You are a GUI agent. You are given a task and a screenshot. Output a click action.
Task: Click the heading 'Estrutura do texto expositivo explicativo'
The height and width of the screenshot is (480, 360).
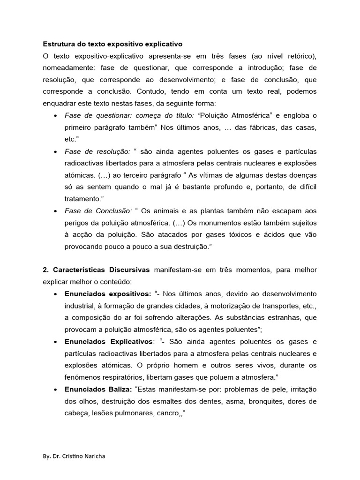[112, 45]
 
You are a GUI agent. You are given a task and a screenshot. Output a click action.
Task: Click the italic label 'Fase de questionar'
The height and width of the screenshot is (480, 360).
[97, 116]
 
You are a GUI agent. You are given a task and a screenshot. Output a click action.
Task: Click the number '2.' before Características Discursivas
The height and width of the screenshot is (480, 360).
[46, 270]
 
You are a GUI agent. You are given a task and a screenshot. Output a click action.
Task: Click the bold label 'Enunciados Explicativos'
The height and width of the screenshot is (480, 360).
[109, 341]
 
